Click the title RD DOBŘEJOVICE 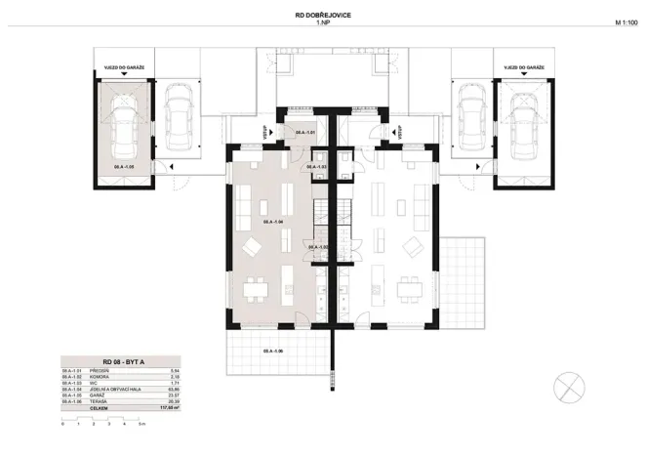pyautogui.click(x=323, y=14)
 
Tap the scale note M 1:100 pyautogui.click(x=626, y=21)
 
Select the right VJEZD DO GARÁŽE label pyautogui.click(x=523, y=67)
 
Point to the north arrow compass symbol pyautogui.click(x=567, y=388)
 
